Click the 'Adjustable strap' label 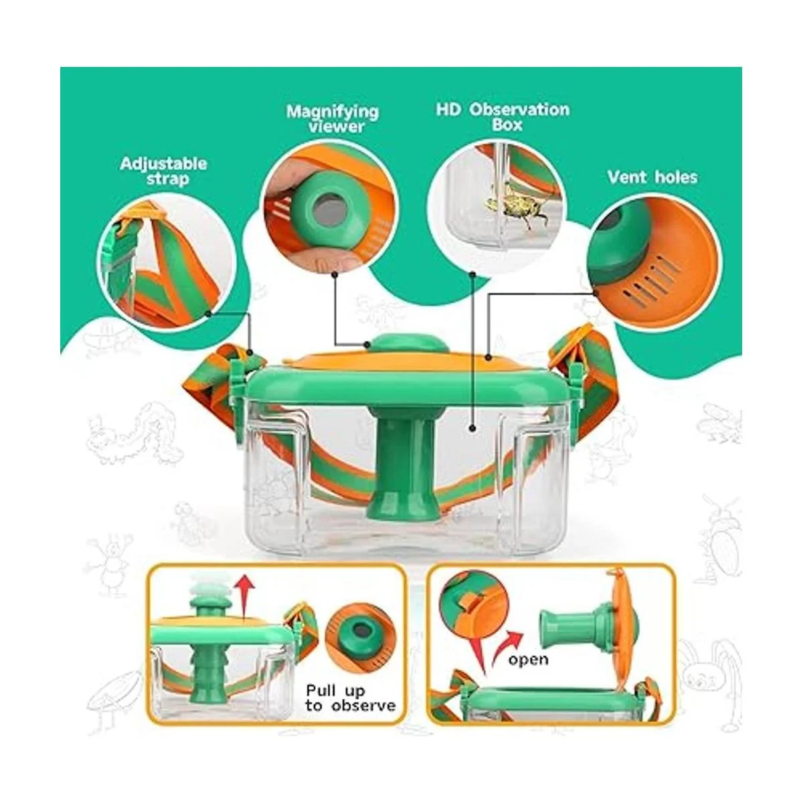click(x=163, y=171)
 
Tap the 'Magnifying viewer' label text click(x=333, y=118)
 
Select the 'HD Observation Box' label click(x=503, y=117)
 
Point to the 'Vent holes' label click(x=652, y=177)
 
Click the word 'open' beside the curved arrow click(x=528, y=659)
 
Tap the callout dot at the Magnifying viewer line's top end click(x=335, y=274)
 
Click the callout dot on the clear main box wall click(x=472, y=428)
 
